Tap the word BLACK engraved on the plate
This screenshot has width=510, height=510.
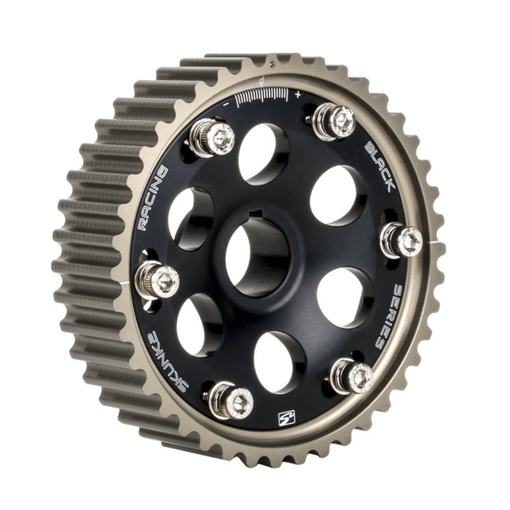(x=382, y=166)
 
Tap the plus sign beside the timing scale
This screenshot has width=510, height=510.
(x=297, y=93)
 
